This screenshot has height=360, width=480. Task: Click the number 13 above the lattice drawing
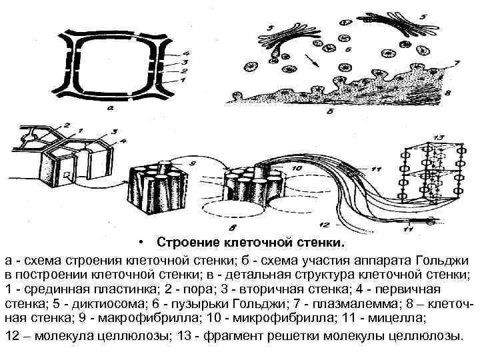tap(437, 137)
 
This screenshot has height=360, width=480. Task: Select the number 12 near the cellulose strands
tap(325, 224)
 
